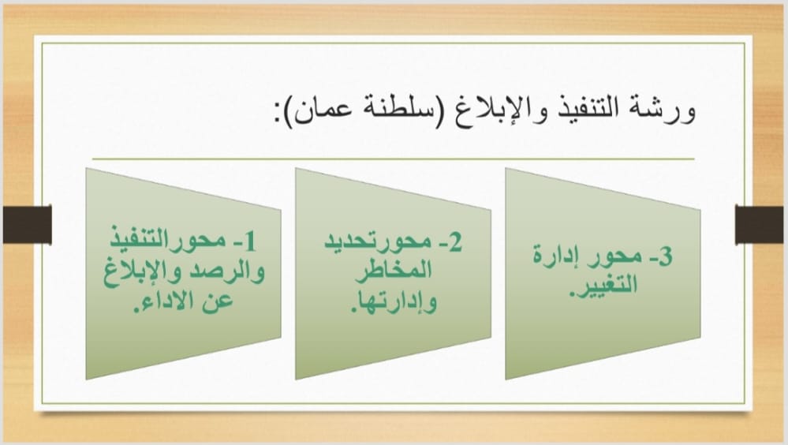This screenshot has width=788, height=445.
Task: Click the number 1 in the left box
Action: pos(250,242)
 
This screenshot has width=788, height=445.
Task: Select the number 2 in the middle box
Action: pos(454,242)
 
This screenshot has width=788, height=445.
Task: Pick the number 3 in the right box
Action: pos(664,256)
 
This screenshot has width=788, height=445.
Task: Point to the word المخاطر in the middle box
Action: pos(394,271)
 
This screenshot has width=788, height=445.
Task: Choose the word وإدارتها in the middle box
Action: pos(394,301)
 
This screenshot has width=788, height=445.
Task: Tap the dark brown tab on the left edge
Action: pos(27,224)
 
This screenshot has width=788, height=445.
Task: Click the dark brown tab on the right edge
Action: pos(760,224)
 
